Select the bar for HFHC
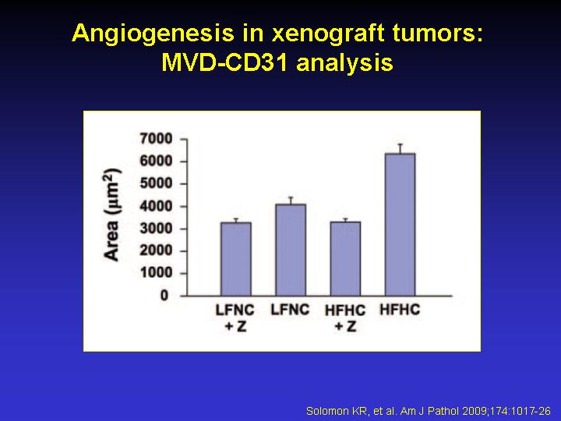(x=400, y=225)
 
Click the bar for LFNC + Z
(x=236, y=259)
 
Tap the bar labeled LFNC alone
(x=291, y=250)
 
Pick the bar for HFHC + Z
(x=345, y=259)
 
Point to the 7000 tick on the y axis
(x=157, y=139)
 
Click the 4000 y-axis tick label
(x=157, y=206)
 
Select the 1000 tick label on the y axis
(x=157, y=273)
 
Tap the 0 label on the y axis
(x=164, y=295)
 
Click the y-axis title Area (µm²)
(x=112, y=215)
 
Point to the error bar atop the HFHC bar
(x=400, y=149)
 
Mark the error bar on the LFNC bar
(x=291, y=200)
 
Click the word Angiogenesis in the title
(x=153, y=34)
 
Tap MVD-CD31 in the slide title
(x=224, y=63)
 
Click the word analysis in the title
(x=345, y=64)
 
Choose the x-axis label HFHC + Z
(x=345, y=318)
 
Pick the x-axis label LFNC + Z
(x=235, y=318)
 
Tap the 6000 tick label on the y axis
(x=157, y=161)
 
